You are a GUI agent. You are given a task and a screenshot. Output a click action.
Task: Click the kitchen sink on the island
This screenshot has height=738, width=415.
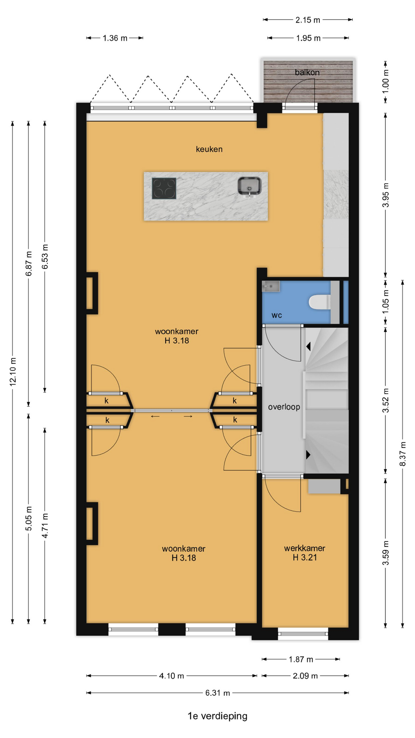coord(249,186)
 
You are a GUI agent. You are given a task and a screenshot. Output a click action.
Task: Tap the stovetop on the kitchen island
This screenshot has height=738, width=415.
coord(164,188)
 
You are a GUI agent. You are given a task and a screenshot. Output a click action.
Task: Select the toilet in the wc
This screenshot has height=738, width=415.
coord(319,302)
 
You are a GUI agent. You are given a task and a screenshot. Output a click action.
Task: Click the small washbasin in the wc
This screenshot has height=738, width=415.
coord(271,286)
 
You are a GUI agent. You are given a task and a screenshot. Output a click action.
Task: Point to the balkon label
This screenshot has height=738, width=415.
coord(307,72)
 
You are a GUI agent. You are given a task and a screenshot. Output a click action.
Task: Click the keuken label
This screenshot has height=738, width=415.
coord(209,149)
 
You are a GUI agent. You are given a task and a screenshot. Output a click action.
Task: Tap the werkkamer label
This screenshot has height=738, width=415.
coord(305,548)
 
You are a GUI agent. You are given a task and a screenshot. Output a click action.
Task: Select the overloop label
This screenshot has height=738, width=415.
coord(284,407)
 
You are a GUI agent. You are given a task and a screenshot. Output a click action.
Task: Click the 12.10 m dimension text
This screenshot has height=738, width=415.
coord(13,372)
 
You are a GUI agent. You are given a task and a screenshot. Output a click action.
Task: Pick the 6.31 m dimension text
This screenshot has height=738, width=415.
coord(217,693)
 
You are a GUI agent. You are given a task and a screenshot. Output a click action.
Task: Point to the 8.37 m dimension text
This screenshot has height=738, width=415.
coord(403,454)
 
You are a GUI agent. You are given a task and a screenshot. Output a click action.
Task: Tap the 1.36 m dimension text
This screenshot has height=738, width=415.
coord(115,38)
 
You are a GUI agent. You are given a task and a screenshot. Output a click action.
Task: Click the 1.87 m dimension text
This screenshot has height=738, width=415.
coord(301,659)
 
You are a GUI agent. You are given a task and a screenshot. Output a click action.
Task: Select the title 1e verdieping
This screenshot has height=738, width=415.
coord(217,716)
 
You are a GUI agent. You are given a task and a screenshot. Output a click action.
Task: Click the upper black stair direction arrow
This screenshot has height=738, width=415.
coord(308,347)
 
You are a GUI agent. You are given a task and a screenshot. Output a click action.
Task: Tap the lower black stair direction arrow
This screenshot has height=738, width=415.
coord(308,455)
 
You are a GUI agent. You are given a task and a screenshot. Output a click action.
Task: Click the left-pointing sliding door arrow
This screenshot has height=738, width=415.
coord(155,416)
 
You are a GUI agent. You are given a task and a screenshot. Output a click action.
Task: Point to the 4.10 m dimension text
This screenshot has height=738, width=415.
coord(171,676)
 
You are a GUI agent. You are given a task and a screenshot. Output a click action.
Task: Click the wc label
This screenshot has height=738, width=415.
coord(277,316)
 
